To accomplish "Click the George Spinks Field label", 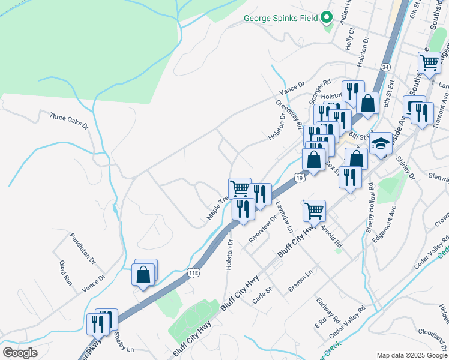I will click(x=280, y=18).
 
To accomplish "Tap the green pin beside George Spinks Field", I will click(x=327, y=17).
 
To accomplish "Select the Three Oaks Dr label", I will click(x=69, y=121).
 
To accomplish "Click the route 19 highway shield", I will click(x=299, y=178).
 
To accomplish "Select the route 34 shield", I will click(x=385, y=67).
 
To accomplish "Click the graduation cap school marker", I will click(x=381, y=144).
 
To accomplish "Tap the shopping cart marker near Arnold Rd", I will click(x=315, y=211).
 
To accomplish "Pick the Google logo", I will click(x=20, y=353).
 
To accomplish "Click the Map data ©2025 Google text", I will click(x=411, y=355).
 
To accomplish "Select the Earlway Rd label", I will click(x=329, y=310).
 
